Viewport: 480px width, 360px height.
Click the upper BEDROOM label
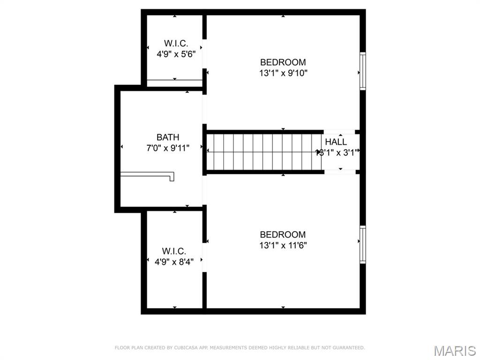283,62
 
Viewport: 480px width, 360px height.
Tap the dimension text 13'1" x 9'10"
283,73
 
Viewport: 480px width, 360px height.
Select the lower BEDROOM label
283,234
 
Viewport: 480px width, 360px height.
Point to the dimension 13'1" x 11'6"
283,245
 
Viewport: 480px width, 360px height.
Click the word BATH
168,137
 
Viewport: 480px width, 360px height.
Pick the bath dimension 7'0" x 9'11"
168,149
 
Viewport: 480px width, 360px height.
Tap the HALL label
336,142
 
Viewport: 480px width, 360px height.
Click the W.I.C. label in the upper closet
176,43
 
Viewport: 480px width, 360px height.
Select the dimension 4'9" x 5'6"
176,54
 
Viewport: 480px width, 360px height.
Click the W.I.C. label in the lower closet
174,251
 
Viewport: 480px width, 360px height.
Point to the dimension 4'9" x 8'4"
174,262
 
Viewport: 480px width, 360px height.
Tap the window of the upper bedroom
362,71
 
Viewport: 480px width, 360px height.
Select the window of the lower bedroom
362,245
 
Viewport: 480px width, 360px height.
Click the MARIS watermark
455,350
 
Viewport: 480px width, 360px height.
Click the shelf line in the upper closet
174,80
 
